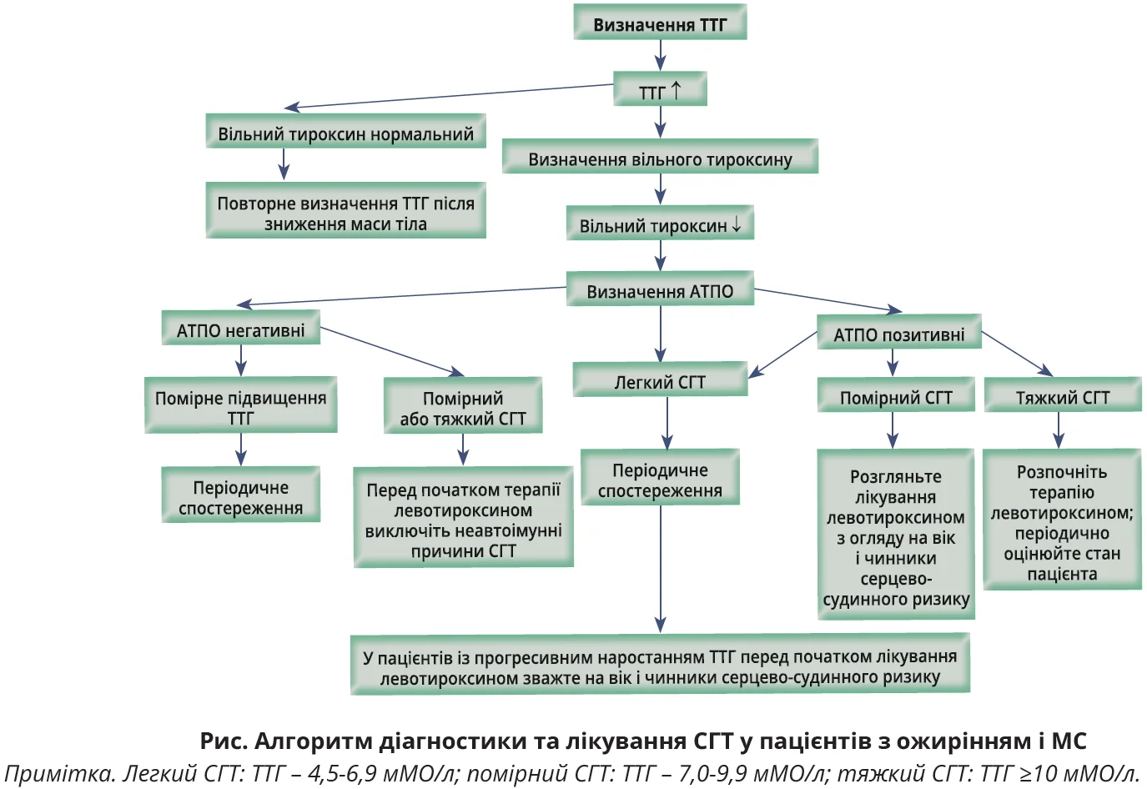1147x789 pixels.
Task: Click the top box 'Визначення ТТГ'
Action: point(659,23)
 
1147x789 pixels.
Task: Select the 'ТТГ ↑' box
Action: point(660,90)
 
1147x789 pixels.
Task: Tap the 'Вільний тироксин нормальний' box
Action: point(345,133)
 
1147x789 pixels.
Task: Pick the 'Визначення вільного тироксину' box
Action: point(660,158)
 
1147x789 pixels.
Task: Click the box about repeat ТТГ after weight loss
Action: point(345,213)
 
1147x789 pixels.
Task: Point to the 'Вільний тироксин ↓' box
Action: point(660,225)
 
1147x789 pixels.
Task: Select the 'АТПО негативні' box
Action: point(240,330)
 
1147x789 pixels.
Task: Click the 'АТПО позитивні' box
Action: point(898,334)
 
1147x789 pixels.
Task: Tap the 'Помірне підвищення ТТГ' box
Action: point(240,407)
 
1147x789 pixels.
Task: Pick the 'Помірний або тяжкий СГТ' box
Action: point(463,408)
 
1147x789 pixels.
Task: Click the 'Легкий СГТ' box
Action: point(660,381)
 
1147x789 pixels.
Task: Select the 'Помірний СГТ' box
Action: point(895,397)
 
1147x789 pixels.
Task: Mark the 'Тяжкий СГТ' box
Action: point(1062,397)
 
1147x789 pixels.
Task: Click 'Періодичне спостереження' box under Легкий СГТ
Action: point(660,480)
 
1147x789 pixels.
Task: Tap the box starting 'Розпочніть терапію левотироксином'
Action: point(1062,522)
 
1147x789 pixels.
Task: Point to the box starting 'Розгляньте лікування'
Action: point(896,536)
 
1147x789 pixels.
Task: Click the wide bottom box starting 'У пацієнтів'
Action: point(660,666)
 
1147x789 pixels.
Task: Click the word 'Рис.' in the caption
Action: point(223,741)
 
